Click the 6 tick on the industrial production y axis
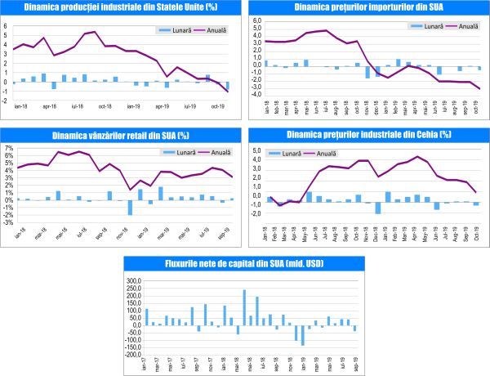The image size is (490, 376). coord(6,25)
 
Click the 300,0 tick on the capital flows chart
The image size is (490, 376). coord(132,280)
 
